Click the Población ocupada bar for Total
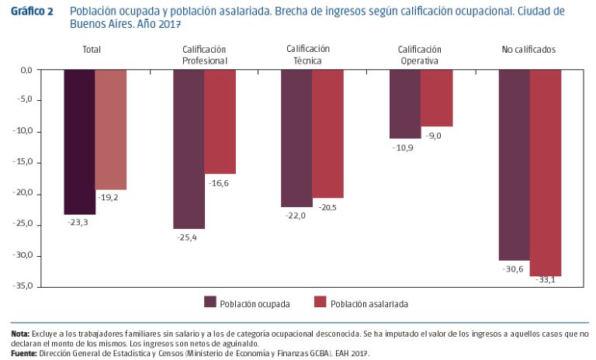coord(80,142)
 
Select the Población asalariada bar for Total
coord(111,130)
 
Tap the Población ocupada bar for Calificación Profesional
coord(189,149)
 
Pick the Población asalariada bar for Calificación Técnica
coord(327,133)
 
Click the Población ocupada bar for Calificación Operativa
coord(405,104)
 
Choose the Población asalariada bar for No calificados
coord(545,172)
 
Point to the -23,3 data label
coord(78,221)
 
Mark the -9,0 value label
coord(434,135)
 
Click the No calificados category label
coord(528,50)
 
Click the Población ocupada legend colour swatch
coord(210,303)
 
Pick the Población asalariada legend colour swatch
coord(319,303)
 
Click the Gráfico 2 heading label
coord(33,12)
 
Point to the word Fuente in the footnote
coord(23,353)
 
